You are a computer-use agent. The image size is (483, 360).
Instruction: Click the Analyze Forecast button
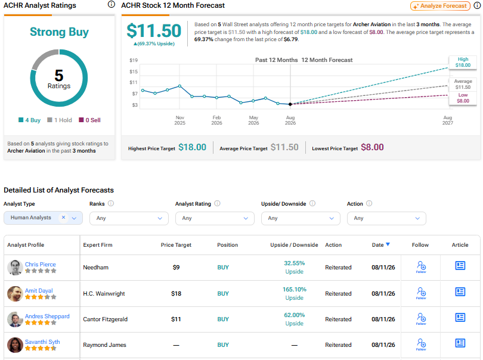coord(440,6)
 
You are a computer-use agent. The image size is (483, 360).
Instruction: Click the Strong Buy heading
coord(59,32)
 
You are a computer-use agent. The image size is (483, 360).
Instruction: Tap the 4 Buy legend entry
coord(30,120)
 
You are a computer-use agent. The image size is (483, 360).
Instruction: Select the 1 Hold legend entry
coord(60,120)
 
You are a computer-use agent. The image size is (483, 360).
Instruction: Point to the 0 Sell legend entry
coord(89,120)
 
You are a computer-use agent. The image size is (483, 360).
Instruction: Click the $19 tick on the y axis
coord(134,60)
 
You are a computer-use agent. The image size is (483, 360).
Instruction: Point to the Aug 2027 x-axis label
coord(448,120)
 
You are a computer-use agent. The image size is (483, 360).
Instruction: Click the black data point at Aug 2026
coord(290,104)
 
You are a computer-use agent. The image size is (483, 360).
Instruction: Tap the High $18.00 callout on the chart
coord(463,62)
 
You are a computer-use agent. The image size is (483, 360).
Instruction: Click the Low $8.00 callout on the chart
coord(463,98)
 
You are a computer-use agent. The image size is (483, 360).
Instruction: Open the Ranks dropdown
coord(129,218)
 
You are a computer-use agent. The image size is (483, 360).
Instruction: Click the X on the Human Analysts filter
coord(63,218)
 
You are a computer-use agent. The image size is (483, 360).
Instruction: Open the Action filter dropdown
coord(386,218)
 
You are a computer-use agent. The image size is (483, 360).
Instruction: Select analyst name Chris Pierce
coord(41,264)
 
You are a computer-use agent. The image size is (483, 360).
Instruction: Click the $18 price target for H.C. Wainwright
coord(176,293)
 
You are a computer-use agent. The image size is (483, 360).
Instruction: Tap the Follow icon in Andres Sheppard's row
coord(421,319)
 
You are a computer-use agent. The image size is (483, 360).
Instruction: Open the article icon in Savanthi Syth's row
coord(460,343)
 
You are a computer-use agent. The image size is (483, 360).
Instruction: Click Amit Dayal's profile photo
coord(15,293)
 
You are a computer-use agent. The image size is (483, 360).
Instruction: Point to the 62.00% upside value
coord(295,315)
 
